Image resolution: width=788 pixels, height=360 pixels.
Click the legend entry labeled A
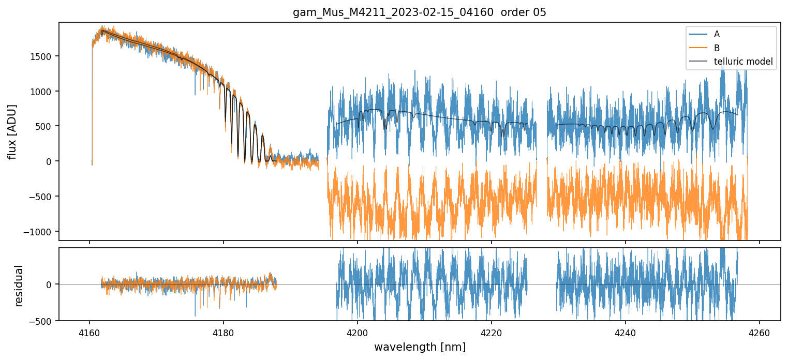click(x=717, y=34)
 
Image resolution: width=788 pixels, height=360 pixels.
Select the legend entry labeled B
click(x=717, y=48)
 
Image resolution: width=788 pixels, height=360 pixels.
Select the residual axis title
click(x=19, y=286)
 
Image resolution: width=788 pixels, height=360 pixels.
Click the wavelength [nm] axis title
click(x=420, y=347)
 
